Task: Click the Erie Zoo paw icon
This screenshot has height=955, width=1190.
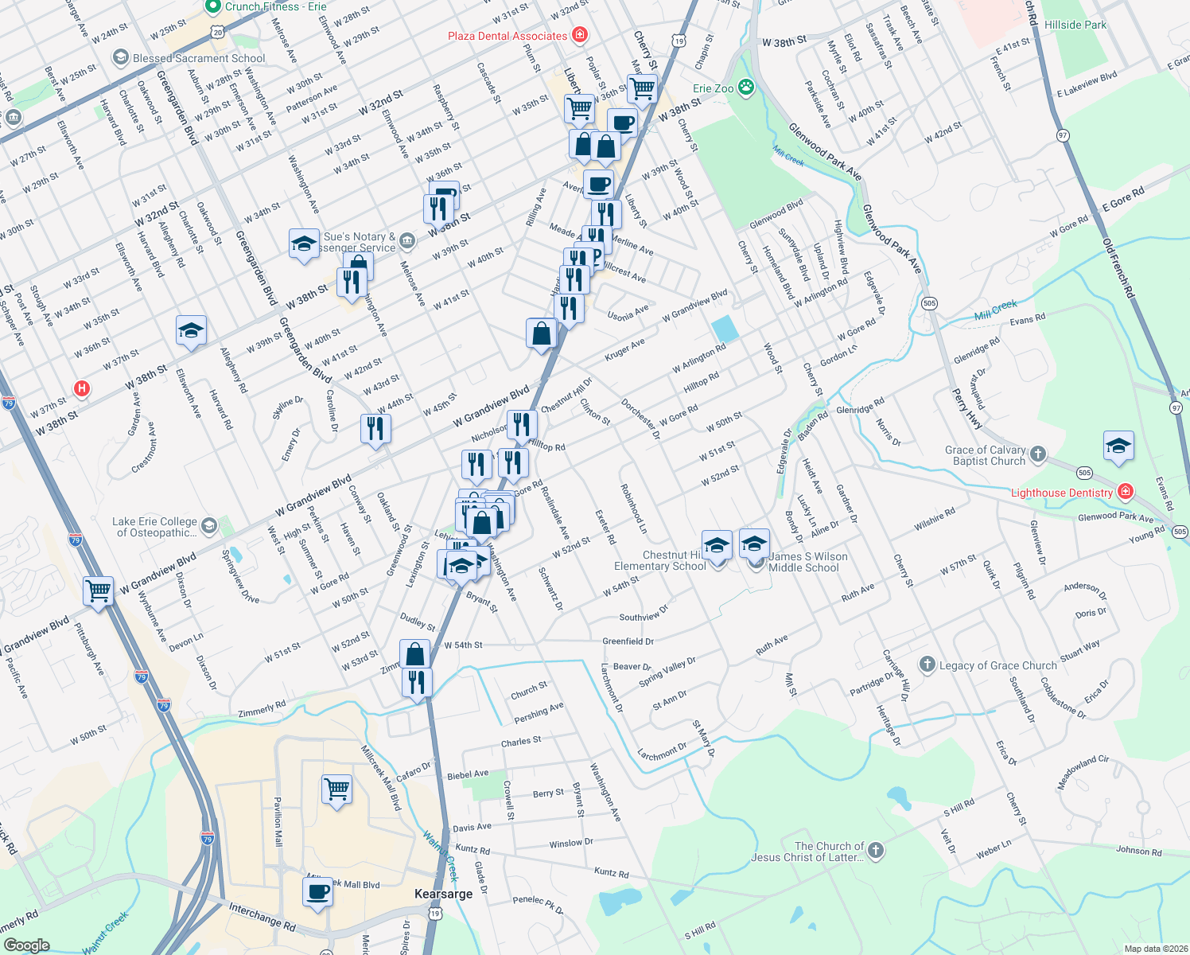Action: pyautogui.click(x=745, y=88)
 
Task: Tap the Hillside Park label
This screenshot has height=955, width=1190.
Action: pyautogui.click(x=1075, y=25)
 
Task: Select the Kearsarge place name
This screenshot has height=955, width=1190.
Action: pyautogui.click(x=444, y=894)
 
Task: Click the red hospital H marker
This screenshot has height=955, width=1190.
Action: pyautogui.click(x=81, y=389)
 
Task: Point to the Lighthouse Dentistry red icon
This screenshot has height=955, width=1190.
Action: pyautogui.click(x=1125, y=492)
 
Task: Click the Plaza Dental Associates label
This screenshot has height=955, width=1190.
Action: pyautogui.click(x=507, y=36)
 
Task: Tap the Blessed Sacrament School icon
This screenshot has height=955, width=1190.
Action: pyautogui.click(x=121, y=57)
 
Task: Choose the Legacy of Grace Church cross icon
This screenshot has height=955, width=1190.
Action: pyautogui.click(x=927, y=665)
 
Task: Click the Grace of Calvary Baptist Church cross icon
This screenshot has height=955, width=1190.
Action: pyautogui.click(x=1037, y=454)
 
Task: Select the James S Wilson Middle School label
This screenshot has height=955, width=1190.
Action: pyautogui.click(x=807, y=562)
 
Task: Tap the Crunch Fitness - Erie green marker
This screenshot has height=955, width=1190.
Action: pyautogui.click(x=212, y=7)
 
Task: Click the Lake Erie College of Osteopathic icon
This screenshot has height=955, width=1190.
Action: pyautogui.click(x=208, y=525)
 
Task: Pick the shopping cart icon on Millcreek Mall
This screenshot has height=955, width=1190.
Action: pyautogui.click(x=336, y=789)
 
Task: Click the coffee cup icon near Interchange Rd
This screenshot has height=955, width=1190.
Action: pyautogui.click(x=317, y=891)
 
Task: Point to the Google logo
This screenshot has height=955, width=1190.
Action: pyautogui.click(x=26, y=945)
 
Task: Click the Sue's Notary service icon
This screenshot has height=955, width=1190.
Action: pyautogui.click(x=407, y=240)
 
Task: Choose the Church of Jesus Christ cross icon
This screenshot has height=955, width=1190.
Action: pyautogui.click(x=875, y=850)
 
